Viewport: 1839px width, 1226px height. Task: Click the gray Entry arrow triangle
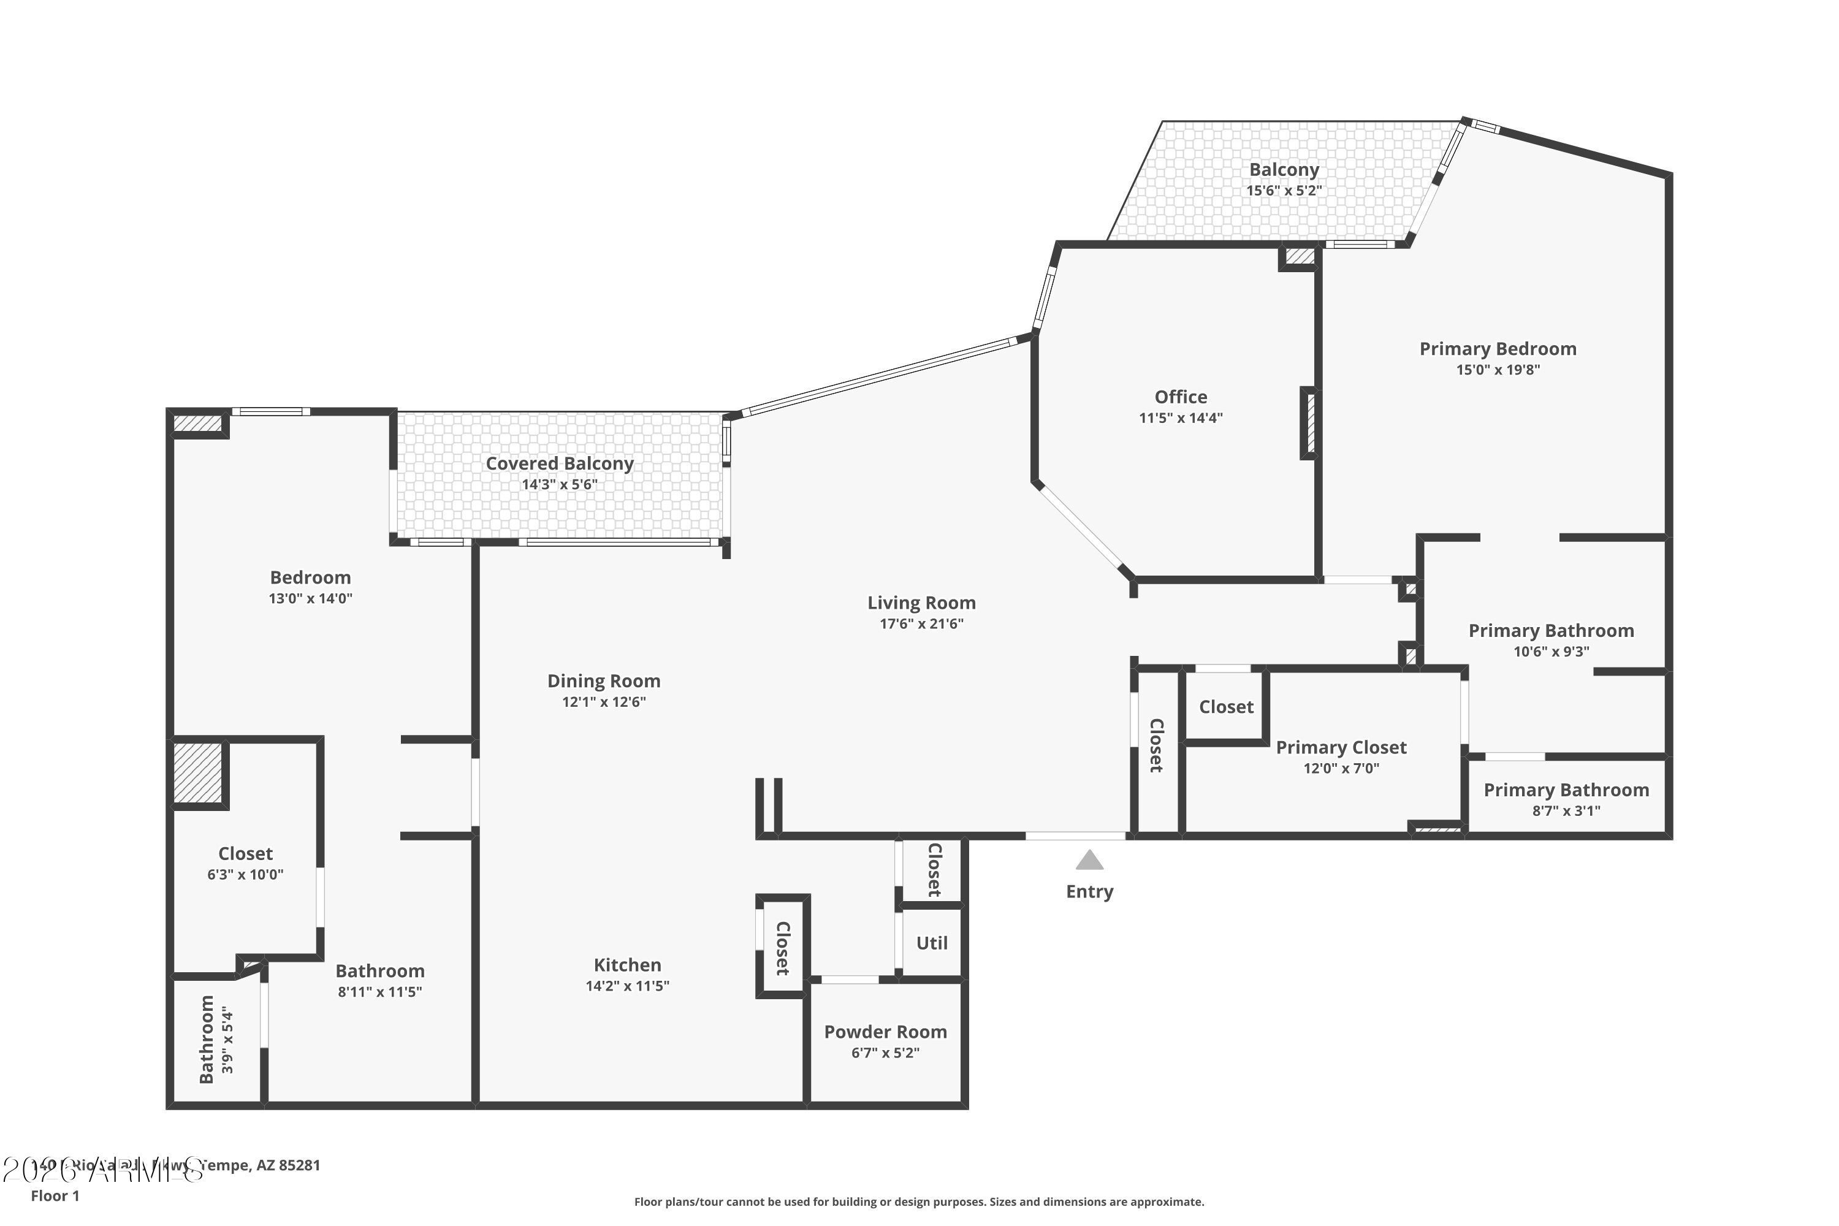(x=1089, y=861)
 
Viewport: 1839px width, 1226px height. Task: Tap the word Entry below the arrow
(x=1089, y=891)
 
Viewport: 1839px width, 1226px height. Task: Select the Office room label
(x=1181, y=397)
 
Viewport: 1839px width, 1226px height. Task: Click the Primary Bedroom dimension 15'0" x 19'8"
(x=1498, y=370)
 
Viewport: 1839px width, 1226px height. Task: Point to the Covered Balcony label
(x=560, y=463)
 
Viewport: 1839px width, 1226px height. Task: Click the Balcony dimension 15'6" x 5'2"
(x=1284, y=190)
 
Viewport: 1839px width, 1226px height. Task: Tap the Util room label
(x=931, y=943)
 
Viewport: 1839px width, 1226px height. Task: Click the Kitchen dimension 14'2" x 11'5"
(x=627, y=986)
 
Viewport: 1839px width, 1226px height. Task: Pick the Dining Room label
(x=604, y=680)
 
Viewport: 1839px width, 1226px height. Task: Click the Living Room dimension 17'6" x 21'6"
(x=921, y=623)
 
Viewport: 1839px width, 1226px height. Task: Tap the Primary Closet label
(x=1341, y=747)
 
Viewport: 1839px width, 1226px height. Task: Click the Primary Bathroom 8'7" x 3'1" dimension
(x=1566, y=811)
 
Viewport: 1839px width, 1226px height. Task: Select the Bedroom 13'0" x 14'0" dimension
(x=310, y=598)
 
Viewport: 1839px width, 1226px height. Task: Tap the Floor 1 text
(x=55, y=1195)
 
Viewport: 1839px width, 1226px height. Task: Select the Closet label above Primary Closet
(x=1226, y=706)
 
